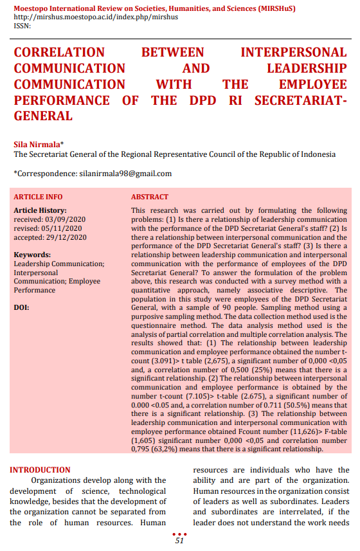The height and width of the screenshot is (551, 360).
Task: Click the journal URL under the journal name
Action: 96,17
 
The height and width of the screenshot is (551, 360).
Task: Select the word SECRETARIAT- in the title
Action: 300,101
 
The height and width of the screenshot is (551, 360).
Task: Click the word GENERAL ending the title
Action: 43,116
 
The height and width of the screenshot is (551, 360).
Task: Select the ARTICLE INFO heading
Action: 38,197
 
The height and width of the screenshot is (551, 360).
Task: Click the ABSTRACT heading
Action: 150,197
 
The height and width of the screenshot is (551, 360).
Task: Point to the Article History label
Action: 40,210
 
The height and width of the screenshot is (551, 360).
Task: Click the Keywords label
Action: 32,255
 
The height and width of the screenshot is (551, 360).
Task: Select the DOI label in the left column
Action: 21,307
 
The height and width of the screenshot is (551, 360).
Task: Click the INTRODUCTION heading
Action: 40,470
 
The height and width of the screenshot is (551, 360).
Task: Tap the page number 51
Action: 179,541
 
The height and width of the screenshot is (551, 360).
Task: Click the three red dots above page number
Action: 180,534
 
